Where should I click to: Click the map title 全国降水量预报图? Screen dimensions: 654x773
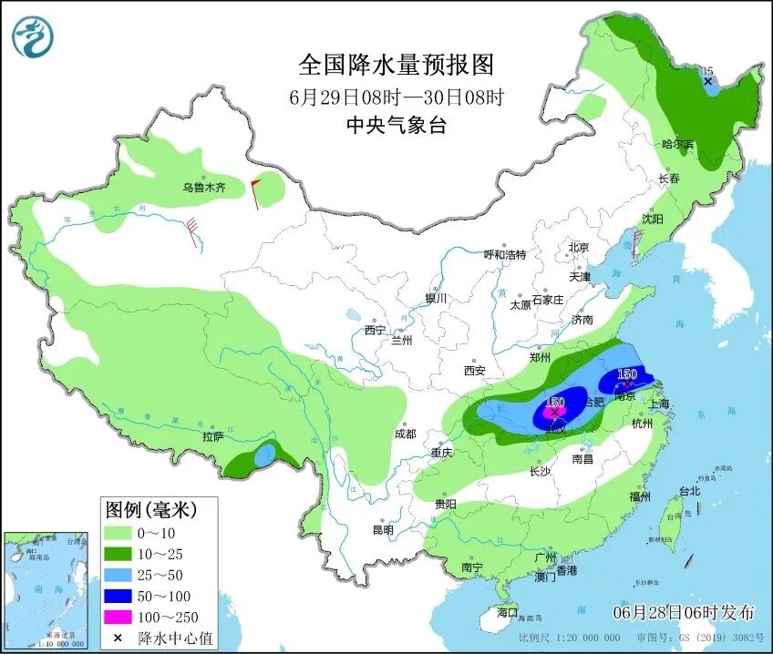pyautogui.click(x=396, y=65)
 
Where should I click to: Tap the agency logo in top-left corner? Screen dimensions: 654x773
pyautogui.click(x=33, y=36)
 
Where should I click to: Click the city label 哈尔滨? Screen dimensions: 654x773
pyautogui.click(x=677, y=144)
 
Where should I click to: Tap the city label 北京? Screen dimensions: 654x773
pyautogui.click(x=579, y=247)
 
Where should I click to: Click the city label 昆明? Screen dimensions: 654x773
pyautogui.click(x=383, y=530)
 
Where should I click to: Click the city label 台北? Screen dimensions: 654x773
pyautogui.click(x=689, y=491)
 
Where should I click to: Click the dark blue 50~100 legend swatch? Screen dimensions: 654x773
pyautogui.click(x=119, y=597)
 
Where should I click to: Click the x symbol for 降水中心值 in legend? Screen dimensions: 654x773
pyautogui.click(x=118, y=638)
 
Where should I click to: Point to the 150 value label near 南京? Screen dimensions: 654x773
pyautogui.click(x=627, y=374)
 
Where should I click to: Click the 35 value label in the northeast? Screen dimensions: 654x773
pyautogui.click(x=706, y=70)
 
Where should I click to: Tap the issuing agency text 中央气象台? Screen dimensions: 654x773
pyautogui.click(x=396, y=127)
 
